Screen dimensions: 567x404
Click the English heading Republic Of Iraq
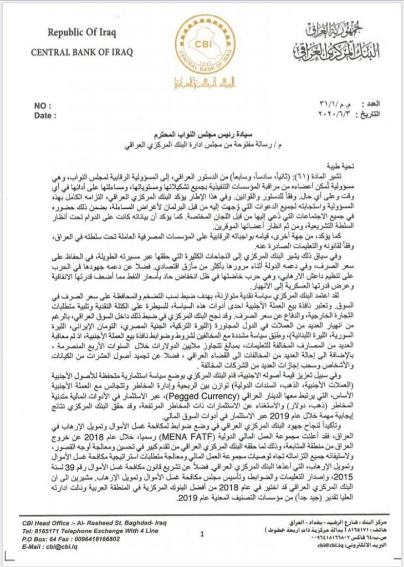[x=81, y=33]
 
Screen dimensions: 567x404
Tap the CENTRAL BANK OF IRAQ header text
[x=81, y=53]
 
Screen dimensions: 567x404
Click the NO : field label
[x=43, y=105]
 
